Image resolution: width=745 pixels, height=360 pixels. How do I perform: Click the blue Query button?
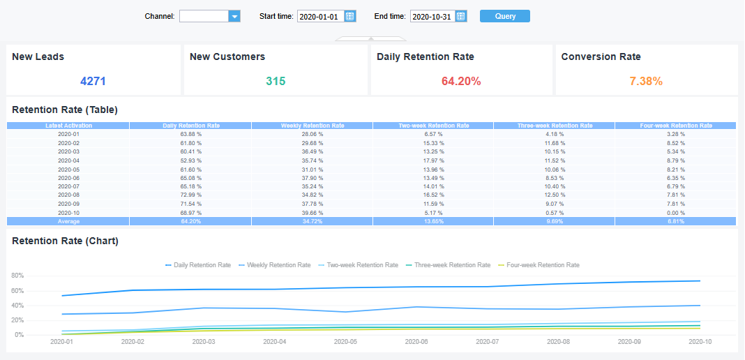point(504,16)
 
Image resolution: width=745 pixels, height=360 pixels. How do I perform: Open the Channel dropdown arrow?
point(234,16)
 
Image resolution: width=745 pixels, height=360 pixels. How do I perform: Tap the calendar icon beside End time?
point(461,16)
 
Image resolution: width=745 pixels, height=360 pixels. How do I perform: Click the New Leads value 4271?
point(93,81)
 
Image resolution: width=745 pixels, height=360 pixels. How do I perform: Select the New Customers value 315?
point(276,81)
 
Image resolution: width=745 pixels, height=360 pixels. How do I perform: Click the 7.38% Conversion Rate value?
point(646,81)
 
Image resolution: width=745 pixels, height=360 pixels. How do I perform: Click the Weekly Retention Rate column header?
point(312,126)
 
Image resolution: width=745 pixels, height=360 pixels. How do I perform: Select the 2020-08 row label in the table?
point(68,195)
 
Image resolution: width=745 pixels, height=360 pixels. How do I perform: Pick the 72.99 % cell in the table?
point(190,195)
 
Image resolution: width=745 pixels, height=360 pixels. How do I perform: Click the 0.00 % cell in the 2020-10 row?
point(675,212)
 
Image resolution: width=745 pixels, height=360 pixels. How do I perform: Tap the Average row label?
point(68,221)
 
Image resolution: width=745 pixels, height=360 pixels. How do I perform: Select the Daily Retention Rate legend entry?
point(198,265)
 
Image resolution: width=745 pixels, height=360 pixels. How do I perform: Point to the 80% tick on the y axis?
point(17,275)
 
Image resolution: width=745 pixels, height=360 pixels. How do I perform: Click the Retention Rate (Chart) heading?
point(65,241)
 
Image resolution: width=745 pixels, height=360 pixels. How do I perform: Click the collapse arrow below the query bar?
point(371,39)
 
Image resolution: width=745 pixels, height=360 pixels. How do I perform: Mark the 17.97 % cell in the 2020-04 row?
point(433,160)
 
